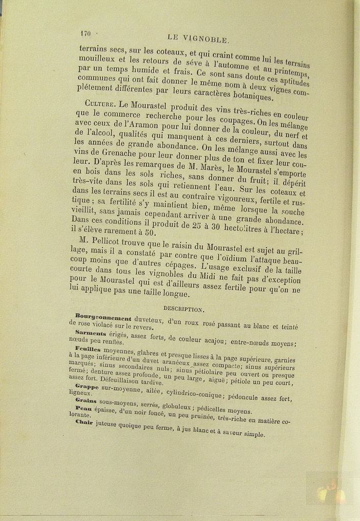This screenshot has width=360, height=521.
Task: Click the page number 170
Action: coord(85,34)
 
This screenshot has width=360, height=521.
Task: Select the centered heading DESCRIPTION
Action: coord(184,309)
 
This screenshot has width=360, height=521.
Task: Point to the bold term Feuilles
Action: coord(88,350)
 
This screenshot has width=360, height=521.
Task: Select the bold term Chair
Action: coord(84,422)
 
